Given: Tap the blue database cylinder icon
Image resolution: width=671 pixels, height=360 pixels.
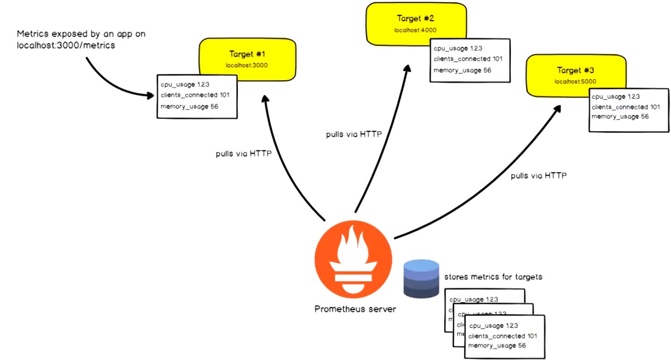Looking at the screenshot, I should click(x=421, y=279).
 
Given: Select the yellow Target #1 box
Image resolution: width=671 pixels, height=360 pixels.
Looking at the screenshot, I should click(x=247, y=58).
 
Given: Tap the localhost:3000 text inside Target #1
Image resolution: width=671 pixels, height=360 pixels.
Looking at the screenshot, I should click(x=247, y=65).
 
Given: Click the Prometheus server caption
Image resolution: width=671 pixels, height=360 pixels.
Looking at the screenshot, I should click(x=355, y=309).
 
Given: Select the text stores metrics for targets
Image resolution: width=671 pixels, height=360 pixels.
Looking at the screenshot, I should click(x=493, y=277).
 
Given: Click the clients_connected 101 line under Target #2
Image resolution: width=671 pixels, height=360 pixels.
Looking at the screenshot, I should click(x=468, y=59).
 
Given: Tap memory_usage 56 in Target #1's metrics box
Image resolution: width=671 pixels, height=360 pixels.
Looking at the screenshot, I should click(x=189, y=106).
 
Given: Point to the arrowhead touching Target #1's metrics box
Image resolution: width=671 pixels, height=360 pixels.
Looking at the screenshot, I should click(x=150, y=96).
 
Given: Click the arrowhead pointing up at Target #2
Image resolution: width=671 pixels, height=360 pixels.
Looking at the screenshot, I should click(x=407, y=69).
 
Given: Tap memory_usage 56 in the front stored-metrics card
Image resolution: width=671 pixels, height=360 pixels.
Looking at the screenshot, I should click(x=497, y=346).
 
